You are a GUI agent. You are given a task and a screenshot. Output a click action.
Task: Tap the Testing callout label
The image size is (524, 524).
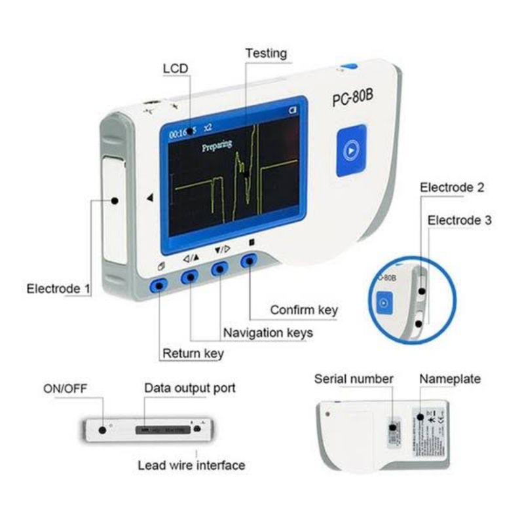266,53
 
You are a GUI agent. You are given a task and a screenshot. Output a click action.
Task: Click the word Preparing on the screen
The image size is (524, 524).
216,145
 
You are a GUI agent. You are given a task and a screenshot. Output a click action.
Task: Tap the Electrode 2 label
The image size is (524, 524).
453,188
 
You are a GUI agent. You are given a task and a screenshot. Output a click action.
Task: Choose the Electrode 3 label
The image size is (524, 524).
459,221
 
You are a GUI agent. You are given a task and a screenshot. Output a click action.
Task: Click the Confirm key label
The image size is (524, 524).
304,309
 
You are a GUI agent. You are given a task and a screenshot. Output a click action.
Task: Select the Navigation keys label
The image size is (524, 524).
268,332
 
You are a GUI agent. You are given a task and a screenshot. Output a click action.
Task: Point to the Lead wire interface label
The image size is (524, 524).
191,465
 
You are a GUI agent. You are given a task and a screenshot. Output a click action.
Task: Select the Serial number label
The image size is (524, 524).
354,379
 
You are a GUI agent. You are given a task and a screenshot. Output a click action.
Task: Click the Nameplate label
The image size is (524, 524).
450,379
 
